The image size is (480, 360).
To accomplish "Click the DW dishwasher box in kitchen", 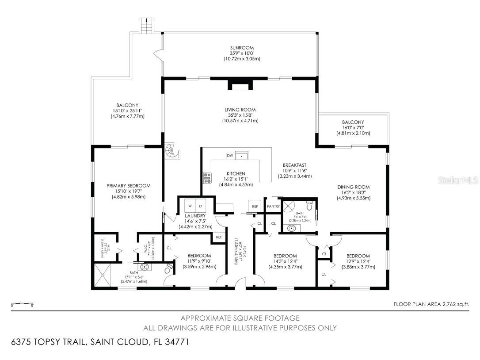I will click(x=230, y=156).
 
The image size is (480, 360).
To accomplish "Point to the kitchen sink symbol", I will click(x=242, y=155).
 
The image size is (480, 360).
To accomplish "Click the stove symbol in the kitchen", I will click(x=206, y=177).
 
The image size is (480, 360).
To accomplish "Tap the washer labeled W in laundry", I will click(x=190, y=206).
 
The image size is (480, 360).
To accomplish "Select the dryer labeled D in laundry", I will click(x=200, y=206).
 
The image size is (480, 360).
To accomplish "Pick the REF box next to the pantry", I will click(x=255, y=207).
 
